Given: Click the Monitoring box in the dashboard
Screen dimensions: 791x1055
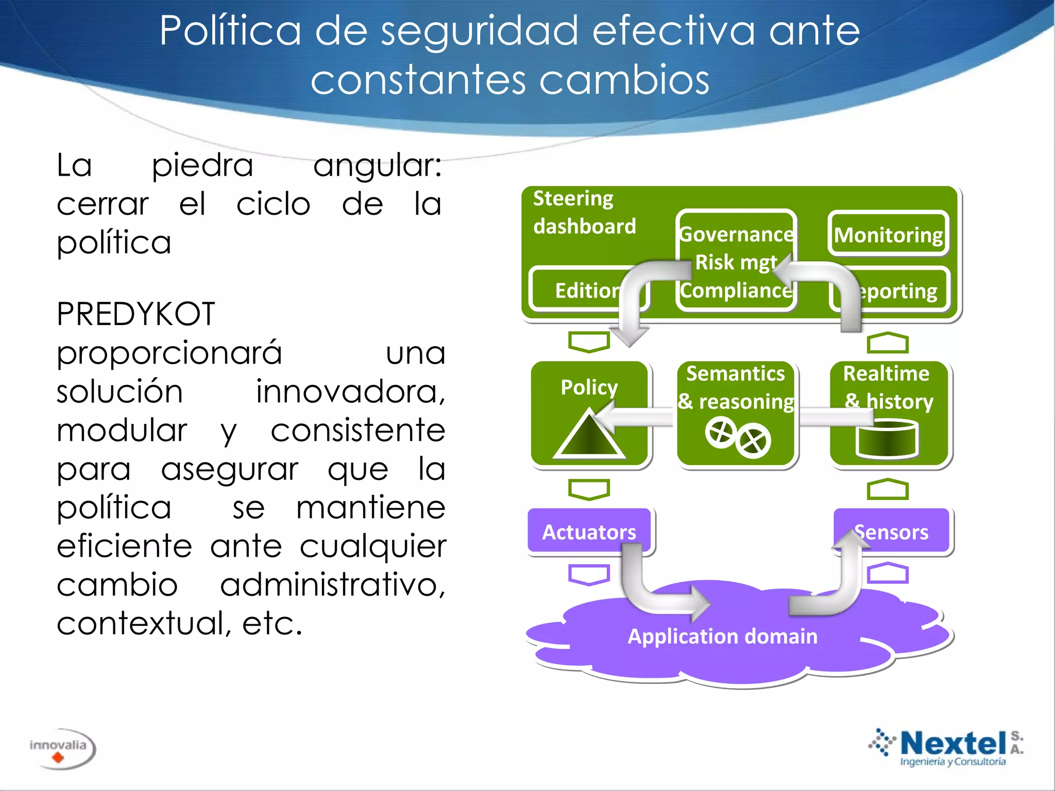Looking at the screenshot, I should tap(888, 234).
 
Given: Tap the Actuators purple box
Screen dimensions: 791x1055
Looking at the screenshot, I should tap(589, 531).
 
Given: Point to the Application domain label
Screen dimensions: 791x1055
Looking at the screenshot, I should tap(722, 637).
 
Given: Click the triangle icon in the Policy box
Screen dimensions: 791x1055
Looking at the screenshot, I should tap(588, 436).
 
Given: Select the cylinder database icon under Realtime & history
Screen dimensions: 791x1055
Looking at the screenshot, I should tap(887, 439).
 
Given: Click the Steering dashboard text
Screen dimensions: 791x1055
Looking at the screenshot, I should tap(584, 212).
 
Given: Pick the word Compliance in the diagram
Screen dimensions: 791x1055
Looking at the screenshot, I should tap(736, 291).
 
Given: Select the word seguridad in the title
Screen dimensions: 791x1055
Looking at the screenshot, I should tap(480, 31).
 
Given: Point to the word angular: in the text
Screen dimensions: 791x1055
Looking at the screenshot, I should tap(377, 166).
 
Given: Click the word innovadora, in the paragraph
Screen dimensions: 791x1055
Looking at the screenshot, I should tap(350, 391).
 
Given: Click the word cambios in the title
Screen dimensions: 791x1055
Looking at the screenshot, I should tap(624, 80).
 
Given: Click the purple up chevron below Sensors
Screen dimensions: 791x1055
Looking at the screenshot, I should tap(888, 573).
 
